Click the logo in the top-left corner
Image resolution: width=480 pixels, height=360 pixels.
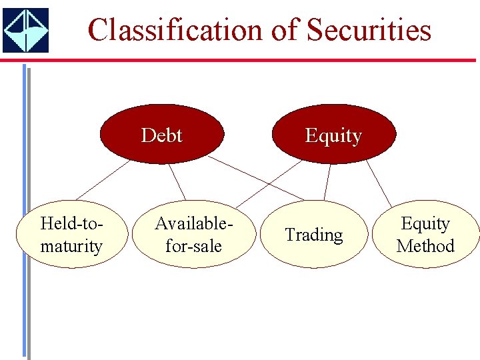[x=25, y=30]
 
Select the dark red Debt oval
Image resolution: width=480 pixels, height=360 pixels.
[x=161, y=134]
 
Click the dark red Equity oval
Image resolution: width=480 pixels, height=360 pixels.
[x=333, y=134]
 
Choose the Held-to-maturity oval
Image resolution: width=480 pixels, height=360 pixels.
[x=71, y=235]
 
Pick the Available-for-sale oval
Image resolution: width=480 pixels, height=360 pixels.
[x=193, y=235]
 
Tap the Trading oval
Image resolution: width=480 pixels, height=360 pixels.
[x=313, y=235]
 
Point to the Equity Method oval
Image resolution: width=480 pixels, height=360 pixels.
[x=425, y=235]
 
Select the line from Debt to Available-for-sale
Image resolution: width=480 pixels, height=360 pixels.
[x=176, y=181]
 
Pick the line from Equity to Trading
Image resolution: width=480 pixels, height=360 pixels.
[x=327, y=181]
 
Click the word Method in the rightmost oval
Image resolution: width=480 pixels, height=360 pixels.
[x=425, y=246]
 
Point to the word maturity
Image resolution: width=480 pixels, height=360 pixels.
[x=71, y=246]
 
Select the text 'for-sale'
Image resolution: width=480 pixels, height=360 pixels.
[x=193, y=246]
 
